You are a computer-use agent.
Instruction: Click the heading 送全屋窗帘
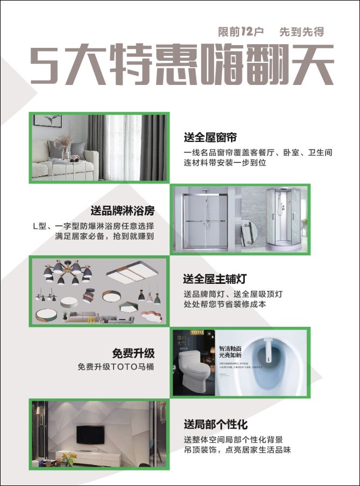210,138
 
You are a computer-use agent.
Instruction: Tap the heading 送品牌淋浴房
122,210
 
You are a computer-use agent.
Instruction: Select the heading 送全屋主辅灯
214,280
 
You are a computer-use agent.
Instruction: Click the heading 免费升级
133,353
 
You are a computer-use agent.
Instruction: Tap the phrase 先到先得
301,32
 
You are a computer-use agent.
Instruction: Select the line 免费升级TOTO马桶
116,367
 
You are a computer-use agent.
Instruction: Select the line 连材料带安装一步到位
225,162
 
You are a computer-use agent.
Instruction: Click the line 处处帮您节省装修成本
224,304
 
